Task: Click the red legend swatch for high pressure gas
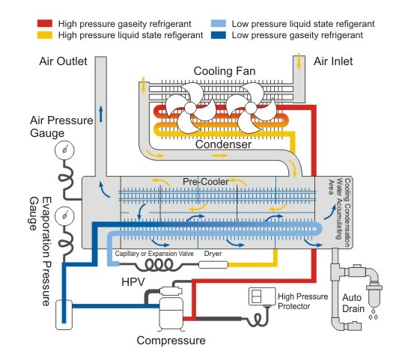(45, 24)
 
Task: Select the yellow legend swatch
(45, 35)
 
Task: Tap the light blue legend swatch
(219, 24)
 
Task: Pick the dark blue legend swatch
(219, 35)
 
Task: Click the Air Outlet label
(63, 61)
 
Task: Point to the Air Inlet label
(333, 61)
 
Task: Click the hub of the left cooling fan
(190, 108)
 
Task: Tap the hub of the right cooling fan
(251, 108)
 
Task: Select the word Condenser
(223, 144)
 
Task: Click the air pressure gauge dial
(64, 150)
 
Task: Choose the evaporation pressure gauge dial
(64, 216)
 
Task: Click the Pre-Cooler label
(205, 182)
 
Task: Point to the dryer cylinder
(213, 265)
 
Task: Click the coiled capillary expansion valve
(159, 265)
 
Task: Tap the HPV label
(133, 282)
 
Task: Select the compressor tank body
(171, 312)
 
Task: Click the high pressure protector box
(262, 296)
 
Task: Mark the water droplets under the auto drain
(374, 314)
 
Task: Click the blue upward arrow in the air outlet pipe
(100, 114)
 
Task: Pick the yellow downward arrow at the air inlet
(299, 61)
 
